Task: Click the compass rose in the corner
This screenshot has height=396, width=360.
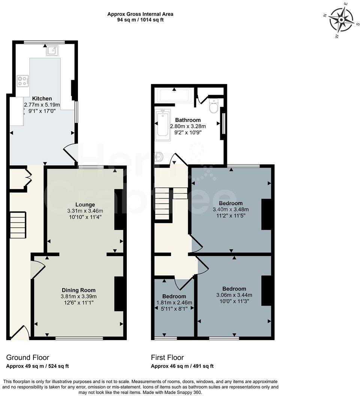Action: [x=342, y=20]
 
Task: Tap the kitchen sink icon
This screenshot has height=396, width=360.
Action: [x=52, y=50]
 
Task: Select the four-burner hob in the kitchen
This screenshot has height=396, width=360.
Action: [x=22, y=81]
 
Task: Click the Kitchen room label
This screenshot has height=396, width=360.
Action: [x=42, y=99]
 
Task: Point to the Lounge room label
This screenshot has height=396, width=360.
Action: [x=85, y=205]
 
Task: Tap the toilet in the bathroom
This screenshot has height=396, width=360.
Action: [x=214, y=106]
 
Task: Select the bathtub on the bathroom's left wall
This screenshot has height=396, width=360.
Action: [x=163, y=124]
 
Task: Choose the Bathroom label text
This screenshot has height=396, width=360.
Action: [x=188, y=120]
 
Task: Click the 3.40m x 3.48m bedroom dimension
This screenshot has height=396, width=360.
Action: [x=231, y=209]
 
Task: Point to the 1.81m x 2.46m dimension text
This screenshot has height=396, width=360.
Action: [x=174, y=303]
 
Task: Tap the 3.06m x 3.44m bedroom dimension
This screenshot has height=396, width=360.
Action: [x=234, y=295]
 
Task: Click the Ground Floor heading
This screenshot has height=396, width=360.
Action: [x=28, y=357]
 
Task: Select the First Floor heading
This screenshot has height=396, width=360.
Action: [x=167, y=357]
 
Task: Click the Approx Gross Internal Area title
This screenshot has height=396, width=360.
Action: [x=140, y=14]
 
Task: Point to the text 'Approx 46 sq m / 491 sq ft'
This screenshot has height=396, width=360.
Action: [x=182, y=366]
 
